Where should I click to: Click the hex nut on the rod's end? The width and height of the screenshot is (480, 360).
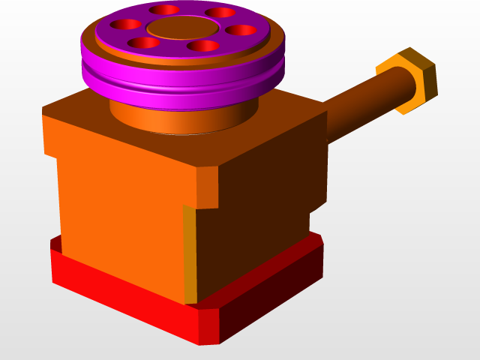pos(409,81)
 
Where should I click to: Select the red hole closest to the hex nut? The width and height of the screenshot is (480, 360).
pos(241,31)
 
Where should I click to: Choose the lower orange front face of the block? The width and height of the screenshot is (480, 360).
pos(120,225)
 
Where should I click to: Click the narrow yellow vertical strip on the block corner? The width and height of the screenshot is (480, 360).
pos(190,255)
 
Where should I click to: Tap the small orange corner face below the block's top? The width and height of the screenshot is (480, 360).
pos(207,187)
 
